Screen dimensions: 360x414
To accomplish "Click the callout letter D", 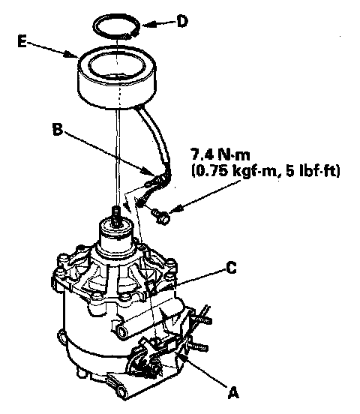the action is point(182,22).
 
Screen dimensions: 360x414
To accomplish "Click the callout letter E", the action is point(22,42).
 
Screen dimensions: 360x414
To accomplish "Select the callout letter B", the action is point(58,129).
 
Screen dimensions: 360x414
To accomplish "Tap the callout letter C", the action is point(231,268).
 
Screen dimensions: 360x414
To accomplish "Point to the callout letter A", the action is point(233,392).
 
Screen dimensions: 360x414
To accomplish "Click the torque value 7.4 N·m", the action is point(220,154).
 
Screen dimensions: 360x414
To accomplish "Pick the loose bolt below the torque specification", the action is point(160,217).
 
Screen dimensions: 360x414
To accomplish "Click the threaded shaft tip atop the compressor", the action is point(115,214).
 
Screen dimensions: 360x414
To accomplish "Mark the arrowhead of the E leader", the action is point(72,55).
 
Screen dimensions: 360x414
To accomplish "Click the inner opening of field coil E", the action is point(116,67).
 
